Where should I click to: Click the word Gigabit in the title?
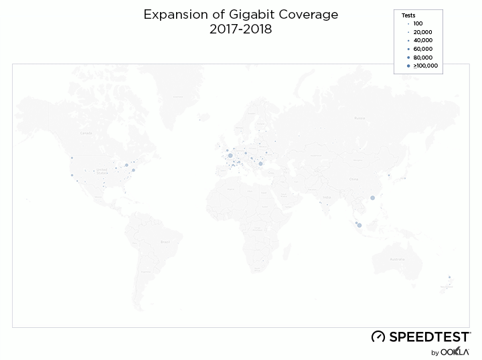[x=260, y=14]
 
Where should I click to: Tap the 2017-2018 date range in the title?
[x=241, y=29]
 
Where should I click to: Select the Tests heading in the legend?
[x=408, y=15]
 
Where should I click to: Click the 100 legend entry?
[x=418, y=23]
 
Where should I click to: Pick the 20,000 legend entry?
[x=422, y=31]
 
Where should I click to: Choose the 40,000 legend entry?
[x=422, y=40]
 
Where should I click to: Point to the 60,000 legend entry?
[x=422, y=49]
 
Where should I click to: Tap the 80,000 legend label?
[x=422, y=58]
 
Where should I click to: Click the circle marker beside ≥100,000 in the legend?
[x=408, y=66]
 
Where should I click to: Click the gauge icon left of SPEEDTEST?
[x=378, y=337]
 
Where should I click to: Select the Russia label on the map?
[x=359, y=118]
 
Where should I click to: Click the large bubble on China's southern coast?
[x=372, y=197]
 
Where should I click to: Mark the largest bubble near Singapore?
[x=359, y=225]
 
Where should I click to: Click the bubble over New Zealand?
[x=449, y=278]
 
